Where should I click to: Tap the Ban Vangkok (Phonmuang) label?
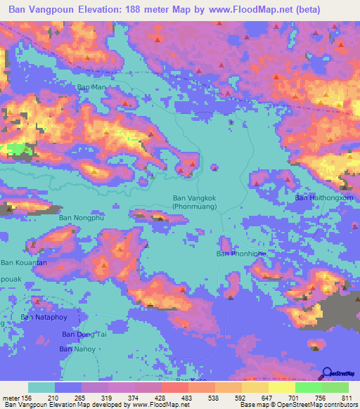pyautogui.click(x=194, y=202)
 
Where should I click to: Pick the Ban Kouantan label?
pyautogui.click(x=24, y=262)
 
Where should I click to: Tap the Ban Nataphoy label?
pyautogui.click(x=46, y=318)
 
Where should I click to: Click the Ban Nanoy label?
pyautogui.click(x=76, y=349)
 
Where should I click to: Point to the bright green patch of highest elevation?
pyautogui.click(x=15, y=148)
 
